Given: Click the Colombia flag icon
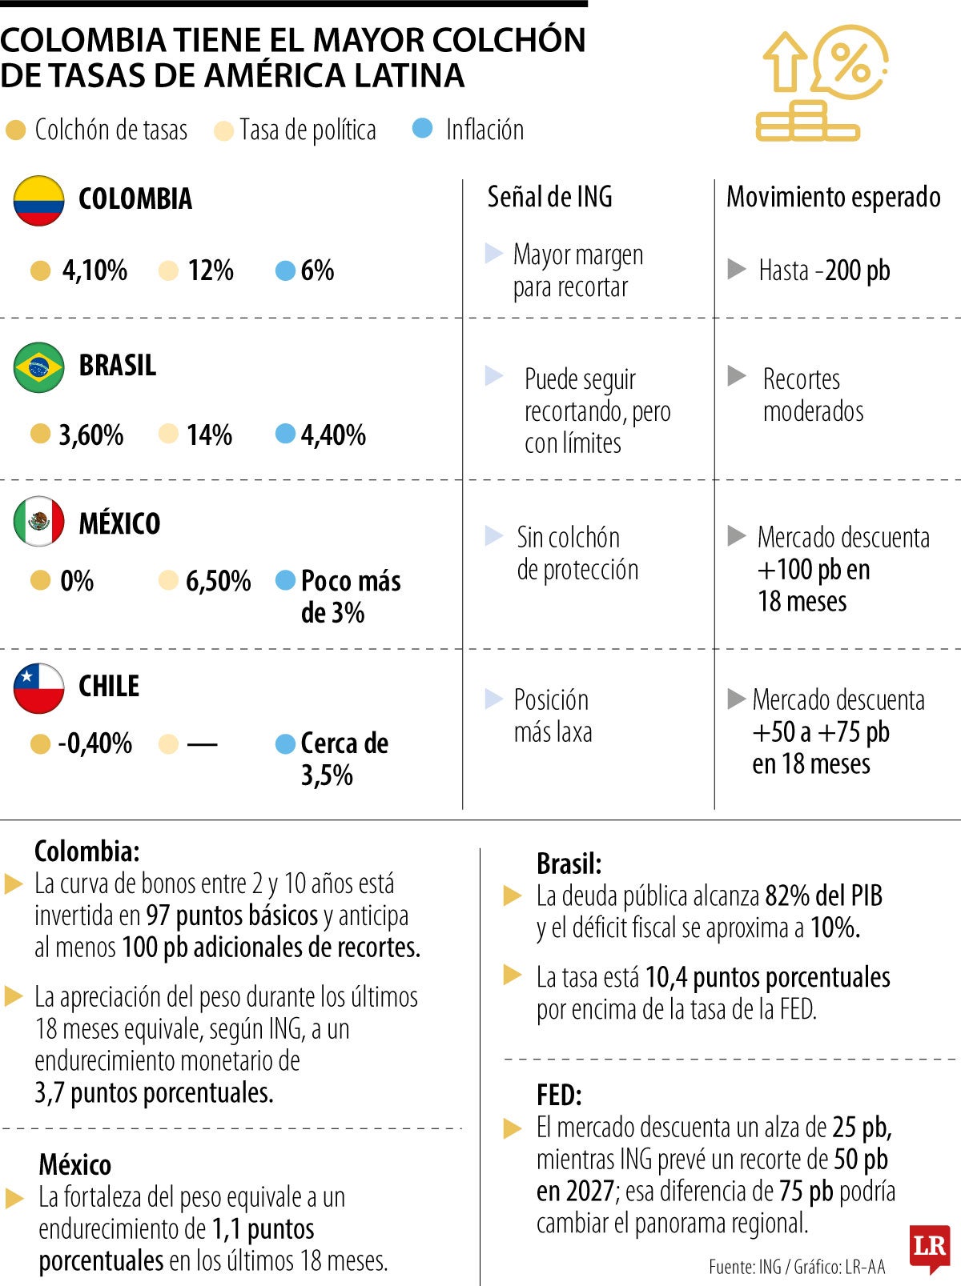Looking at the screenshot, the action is point(38,200).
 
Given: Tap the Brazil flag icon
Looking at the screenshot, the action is point(38,367).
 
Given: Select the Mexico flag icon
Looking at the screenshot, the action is point(38,521).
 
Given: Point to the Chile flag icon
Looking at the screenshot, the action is point(38,688).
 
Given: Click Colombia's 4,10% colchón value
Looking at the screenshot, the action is point(94,270).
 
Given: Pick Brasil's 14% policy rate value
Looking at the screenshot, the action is point(209,435).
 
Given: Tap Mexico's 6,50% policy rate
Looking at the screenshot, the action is point(218,581).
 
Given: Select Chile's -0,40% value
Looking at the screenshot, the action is point(95,743).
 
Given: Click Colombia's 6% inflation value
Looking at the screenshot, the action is point(317,270).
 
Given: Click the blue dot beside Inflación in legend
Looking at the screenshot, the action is point(422,128).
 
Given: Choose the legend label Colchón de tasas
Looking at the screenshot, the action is point(111,130).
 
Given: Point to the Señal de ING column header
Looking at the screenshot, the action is point(549,196).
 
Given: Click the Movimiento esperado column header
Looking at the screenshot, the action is point(833,197).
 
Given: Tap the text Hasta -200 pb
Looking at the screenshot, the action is point(824,270).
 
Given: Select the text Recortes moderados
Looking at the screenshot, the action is point(813,395).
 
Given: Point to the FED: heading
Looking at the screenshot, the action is point(559,1095).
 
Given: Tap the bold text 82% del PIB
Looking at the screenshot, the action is point(824,895).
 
